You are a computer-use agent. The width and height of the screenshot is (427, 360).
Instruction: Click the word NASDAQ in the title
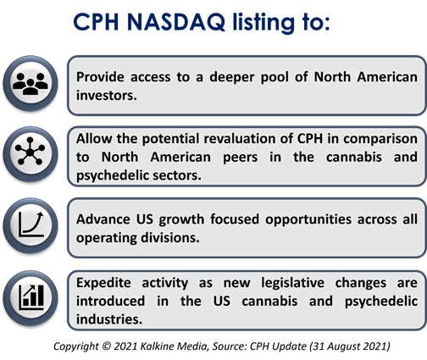[x=176, y=22]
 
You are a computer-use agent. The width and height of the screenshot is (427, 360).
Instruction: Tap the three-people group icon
[x=30, y=84]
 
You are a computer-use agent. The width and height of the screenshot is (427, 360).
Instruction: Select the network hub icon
[x=30, y=151]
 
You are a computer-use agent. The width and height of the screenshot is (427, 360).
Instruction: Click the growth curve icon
[x=31, y=224]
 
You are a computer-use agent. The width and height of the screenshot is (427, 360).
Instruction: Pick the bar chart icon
[x=31, y=297]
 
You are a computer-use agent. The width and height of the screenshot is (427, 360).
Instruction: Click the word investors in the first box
[x=107, y=96]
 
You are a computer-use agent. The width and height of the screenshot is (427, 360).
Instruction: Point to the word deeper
[x=232, y=77]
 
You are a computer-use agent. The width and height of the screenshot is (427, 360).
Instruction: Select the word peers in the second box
[x=241, y=158]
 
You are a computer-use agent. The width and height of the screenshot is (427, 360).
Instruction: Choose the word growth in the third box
[x=181, y=219]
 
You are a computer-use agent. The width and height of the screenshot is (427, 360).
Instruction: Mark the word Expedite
[x=103, y=283]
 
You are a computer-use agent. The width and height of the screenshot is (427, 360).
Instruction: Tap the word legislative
[x=292, y=283]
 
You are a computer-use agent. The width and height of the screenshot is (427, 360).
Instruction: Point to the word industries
[x=109, y=319]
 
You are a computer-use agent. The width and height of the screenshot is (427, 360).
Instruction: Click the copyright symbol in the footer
[x=106, y=346]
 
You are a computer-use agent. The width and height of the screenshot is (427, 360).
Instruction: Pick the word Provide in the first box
[x=100, y=77]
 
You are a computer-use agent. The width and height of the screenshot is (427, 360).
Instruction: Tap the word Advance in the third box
[x=103, y=219]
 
